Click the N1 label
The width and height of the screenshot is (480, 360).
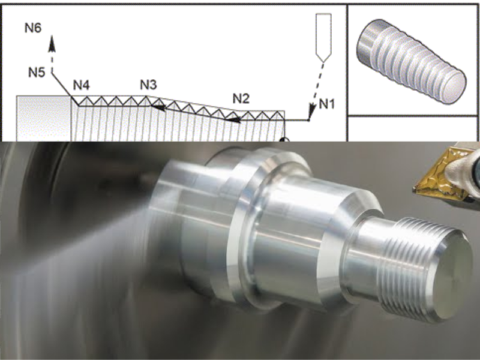click(326, 104)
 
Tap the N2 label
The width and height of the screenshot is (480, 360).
click(241, 98)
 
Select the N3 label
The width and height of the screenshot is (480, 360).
click(148, 85)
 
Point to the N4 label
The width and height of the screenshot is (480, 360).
click(81, 85)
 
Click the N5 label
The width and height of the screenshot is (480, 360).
click(37, 73)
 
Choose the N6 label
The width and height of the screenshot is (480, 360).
click(33, 28)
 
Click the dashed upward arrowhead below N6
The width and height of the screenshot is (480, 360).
click(52, 43)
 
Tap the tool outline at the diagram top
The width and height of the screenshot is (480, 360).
click(323, 38)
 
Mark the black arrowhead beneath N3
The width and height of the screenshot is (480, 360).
click(158, 107)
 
